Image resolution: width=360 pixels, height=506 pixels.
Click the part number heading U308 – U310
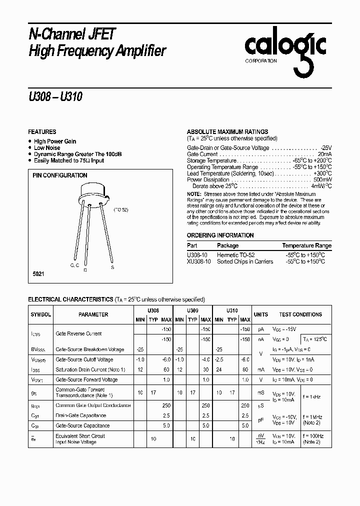coord(55,97)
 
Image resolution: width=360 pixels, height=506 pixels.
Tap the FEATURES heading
coord(42,131)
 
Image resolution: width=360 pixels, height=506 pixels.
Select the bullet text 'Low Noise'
coord(47,148)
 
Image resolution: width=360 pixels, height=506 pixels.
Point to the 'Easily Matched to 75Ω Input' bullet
coord(69,160)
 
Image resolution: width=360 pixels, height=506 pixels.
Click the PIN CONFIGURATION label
coord(60,175)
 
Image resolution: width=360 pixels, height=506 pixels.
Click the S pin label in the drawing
coord(112,267)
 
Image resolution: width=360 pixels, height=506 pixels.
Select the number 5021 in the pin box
coord(39,275)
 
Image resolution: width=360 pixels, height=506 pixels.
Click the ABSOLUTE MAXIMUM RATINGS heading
coord(227,132)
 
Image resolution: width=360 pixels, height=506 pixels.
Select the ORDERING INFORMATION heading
coord(220,235)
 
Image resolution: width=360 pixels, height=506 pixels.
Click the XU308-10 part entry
coord(198,261)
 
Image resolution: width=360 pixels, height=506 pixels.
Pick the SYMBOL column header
coord(41,314)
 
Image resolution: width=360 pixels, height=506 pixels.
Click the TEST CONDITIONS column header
coord(300,314)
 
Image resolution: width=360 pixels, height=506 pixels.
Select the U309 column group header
coord(192,310)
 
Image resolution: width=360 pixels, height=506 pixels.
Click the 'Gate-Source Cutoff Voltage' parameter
coord(84,359)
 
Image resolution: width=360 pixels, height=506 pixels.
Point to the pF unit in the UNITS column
coord(260,420)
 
